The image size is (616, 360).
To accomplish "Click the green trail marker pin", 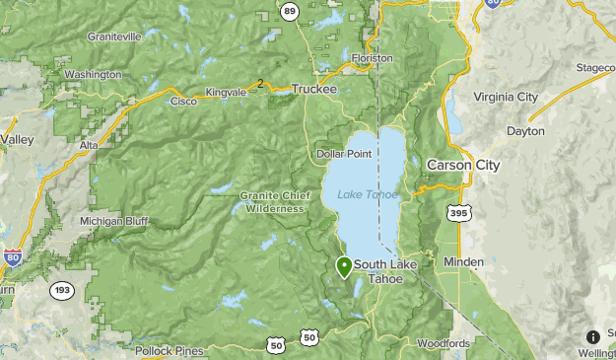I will pos(344,265).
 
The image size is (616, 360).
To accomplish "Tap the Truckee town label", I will pos(314,89).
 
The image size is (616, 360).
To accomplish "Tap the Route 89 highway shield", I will pos(289,12).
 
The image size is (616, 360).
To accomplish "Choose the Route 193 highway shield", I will pos(60,291).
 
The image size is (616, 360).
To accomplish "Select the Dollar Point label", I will pos(344,155).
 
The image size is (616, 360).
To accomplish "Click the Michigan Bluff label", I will pos(114,221).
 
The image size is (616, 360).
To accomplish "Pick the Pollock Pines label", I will pos(170,350).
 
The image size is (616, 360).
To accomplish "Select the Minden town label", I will pos(463,262).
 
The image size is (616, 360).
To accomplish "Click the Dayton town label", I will pos(524,130).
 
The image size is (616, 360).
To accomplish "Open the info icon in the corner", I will pos(593,337).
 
